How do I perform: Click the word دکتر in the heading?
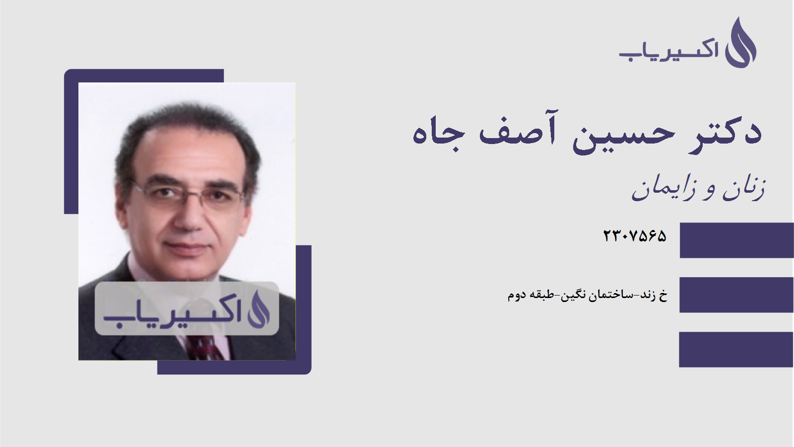726,132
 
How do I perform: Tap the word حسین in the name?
623,134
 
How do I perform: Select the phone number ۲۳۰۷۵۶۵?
634,236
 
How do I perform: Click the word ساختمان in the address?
611,295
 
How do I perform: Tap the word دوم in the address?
517,295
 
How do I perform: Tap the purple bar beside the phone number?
736,240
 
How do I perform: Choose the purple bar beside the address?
736,295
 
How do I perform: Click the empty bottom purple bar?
736,350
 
